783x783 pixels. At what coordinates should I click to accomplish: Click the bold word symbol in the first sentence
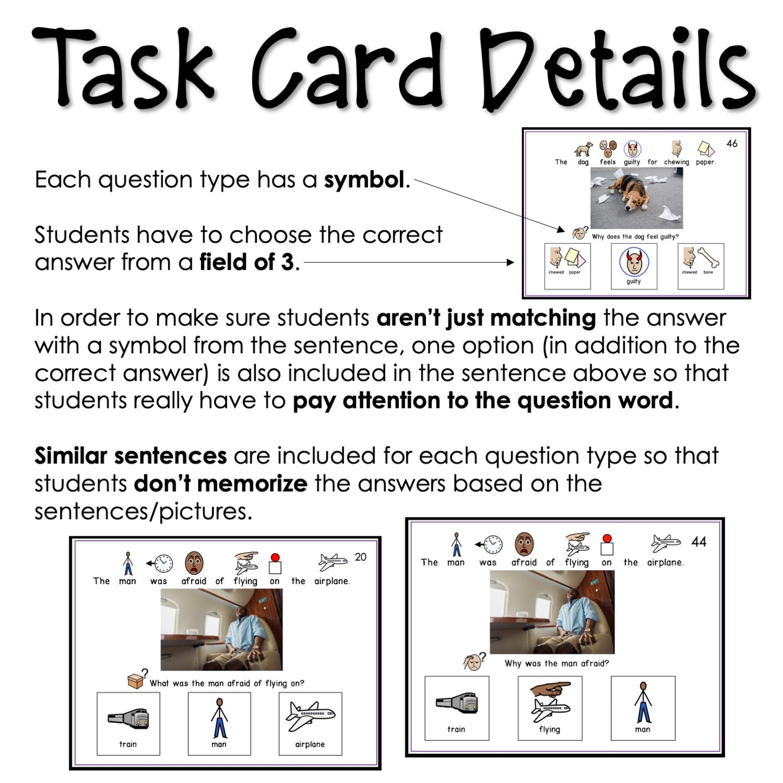(x=364, y=180)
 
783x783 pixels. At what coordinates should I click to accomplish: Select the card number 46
(x=732, y=144)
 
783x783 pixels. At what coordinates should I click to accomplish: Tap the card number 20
(x=360, y=557)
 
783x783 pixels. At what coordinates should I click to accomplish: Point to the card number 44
(x=698, y=542)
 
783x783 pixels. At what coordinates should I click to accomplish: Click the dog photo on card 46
(x=636, y=198)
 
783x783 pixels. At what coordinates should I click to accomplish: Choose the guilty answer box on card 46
(x=633, y=266)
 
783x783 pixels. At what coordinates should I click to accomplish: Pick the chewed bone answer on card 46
(x=700, y=266)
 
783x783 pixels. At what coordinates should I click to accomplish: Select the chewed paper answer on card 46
(x=567, y=266)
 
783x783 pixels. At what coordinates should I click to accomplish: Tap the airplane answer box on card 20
(x=310, y=723)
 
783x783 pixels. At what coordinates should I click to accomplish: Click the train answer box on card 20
(x=128, y=723)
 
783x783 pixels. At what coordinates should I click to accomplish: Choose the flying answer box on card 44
(x=549, y=708)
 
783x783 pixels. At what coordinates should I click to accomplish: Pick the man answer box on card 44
(x=643, y=708)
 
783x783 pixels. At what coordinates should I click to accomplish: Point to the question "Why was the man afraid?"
(x=556, y=663)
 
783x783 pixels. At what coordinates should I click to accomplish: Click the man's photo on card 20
(x=221, y=630)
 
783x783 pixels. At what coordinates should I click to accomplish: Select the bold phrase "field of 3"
(x=247, y=262)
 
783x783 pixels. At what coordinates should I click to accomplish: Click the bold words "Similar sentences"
(x=131, y=456)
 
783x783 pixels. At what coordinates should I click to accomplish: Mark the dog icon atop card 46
(x=583, y=149)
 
